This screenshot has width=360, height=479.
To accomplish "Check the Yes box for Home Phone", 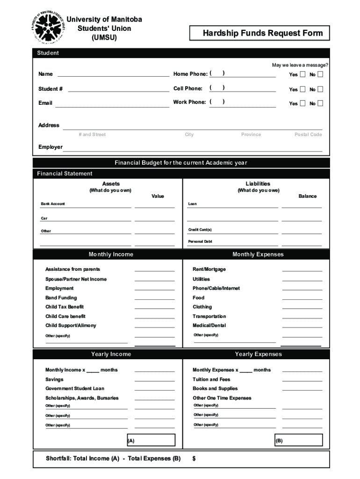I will pos(302,74).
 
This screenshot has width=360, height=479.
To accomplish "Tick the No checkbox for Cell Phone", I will pos(320,89).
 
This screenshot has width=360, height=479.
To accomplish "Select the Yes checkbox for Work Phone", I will pos(302,103).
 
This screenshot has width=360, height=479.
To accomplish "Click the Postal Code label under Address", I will pos(308,135).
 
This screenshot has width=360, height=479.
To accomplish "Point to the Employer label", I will pos(50,147).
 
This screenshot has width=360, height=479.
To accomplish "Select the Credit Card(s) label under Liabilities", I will pos(200,230).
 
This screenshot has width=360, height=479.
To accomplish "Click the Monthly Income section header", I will pos(111,254).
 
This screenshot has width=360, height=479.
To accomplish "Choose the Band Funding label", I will pos(61,298).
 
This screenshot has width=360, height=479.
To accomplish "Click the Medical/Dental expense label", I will pos(209,326).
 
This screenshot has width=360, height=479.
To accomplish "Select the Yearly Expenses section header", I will pos(258,354).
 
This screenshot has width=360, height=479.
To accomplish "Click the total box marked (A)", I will pos(151,441).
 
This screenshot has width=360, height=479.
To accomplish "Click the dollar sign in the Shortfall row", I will pos(194,459).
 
